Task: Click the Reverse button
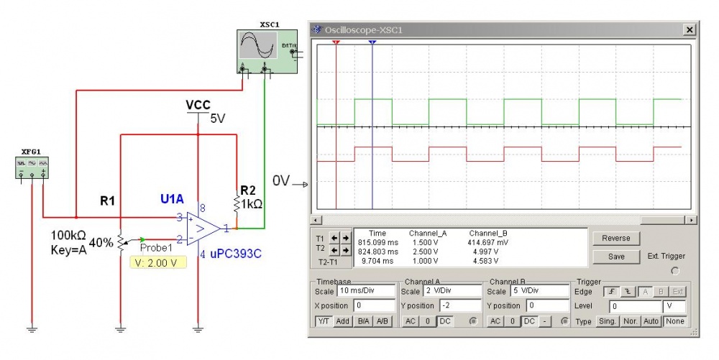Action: click(615, 238)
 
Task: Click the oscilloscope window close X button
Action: click(690, 29)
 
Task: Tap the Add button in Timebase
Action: click(343, 321)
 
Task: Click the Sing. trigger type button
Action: click(605, 321)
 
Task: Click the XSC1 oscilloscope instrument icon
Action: click(267, 51)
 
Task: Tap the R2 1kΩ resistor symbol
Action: click(237, 203)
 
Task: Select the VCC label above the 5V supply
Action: click(198, 105)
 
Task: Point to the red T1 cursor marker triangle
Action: click(336, 42)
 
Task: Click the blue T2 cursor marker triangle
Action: click(372, 42)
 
